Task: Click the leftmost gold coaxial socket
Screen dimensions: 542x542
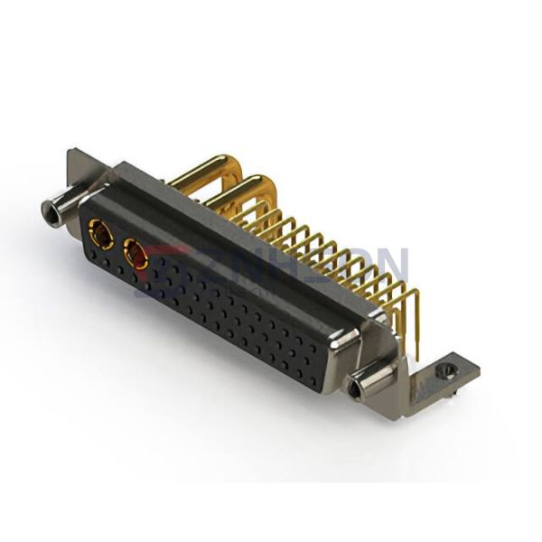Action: (x=100, y=238)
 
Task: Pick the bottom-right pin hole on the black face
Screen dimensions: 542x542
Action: (x=312, y=379)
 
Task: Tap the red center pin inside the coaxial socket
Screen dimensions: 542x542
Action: (x=138, y=258)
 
